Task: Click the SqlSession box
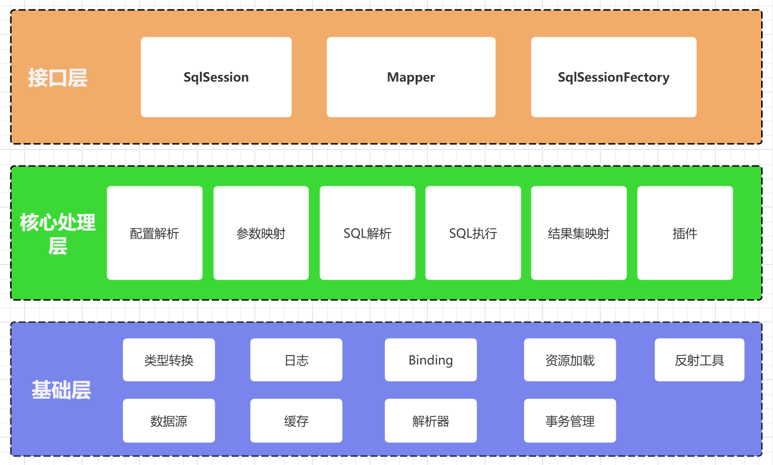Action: click(x=216, y=77)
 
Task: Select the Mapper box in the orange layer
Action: click(x=411, y=77)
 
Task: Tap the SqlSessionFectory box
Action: click(x=613, y=77)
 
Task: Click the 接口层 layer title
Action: click(x=58, y=78)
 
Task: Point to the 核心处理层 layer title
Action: click(x=58, y=233)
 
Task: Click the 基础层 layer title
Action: click(x=61, y=390)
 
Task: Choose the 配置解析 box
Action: click(x=154, y=233)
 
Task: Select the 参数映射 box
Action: click(x=261, y=233)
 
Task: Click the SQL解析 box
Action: click(x=367, y=233)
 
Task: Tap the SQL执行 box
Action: click(x=473, y=233)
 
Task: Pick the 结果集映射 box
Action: click(x=579, y=233)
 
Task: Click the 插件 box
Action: click(x=685, y=233)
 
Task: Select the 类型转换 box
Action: click(x=168, y=360)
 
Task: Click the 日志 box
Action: click(x=296, y=360)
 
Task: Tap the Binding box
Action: click(x=430, y=360)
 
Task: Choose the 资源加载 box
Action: click(x=570, y=360)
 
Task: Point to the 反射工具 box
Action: click(x=699, y=360)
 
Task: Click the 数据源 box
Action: click(x=168, y=421)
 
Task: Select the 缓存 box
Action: click(x=296, y=421)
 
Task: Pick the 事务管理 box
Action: click(x=570, y=421)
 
